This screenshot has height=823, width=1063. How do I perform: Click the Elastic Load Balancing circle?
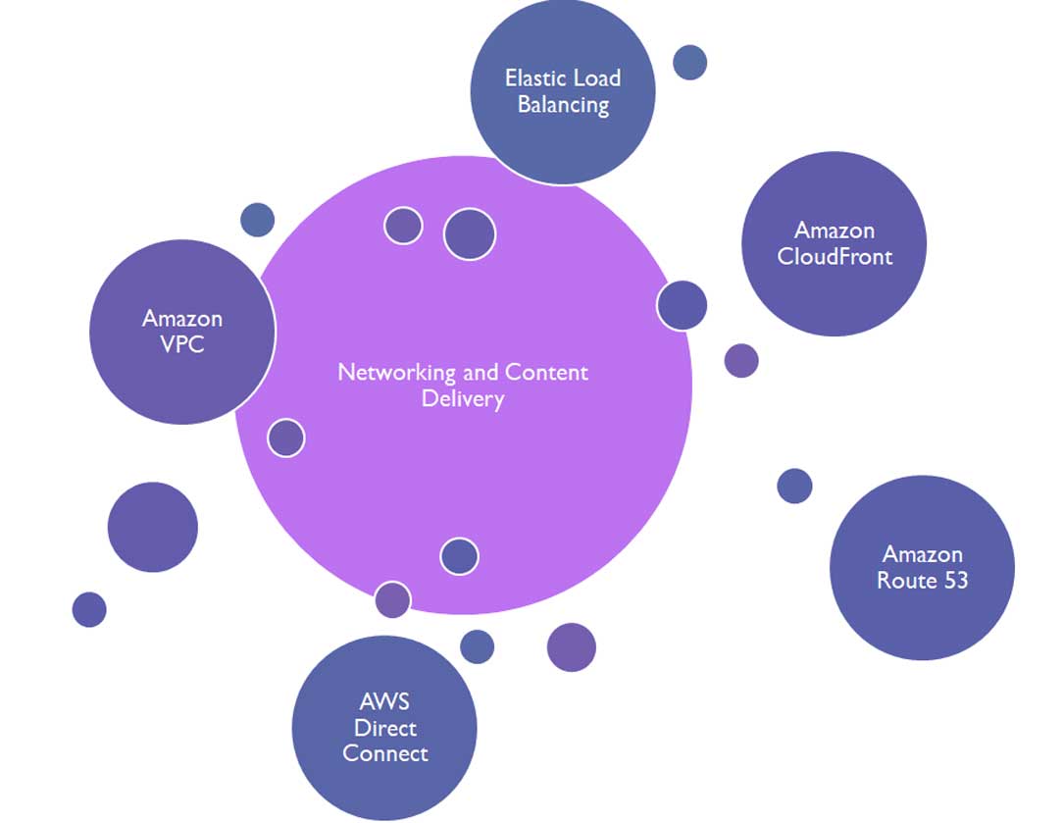click(562, 91)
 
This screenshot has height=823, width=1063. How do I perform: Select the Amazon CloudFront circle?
click(834, 243)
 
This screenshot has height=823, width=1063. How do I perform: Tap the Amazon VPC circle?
click(181, 332)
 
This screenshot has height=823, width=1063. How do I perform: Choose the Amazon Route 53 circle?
click(921, 567)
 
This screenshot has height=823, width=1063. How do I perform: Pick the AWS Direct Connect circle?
click(384, 728)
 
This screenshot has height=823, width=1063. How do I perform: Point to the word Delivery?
click(463, 399)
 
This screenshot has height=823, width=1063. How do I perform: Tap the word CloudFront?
click(835, 257)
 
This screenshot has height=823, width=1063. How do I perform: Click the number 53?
click(952, 581)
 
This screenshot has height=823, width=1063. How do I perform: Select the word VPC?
click(181, 345)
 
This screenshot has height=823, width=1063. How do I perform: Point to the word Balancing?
click(563, 105)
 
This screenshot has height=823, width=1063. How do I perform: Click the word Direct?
click(385, 728)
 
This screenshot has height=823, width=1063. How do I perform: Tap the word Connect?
click(385, 753)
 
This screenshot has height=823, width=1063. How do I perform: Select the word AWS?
click(384, 702)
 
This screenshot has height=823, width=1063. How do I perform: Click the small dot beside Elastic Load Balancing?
click(689, 62)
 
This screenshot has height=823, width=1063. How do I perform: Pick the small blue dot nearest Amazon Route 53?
click(794, 486)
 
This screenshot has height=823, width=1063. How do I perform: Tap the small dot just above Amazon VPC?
click(257, 220)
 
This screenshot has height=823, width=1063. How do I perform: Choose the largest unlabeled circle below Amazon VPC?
click(152, 527)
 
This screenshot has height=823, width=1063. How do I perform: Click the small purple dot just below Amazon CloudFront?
click(741, 360)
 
